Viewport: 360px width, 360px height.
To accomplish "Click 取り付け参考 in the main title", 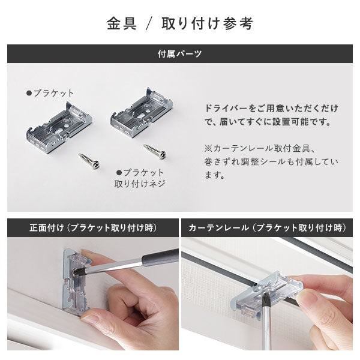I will click(x=211, y=23).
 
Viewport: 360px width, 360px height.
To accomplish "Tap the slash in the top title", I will click(x=150, y=23).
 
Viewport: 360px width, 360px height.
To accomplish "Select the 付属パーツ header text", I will click(x=179, y=53).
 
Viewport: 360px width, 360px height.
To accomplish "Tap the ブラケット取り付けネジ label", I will click(x=139, y=178).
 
